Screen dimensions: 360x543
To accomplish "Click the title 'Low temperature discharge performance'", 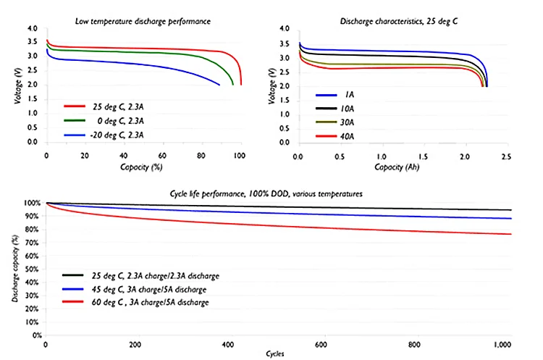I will [143, 21].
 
